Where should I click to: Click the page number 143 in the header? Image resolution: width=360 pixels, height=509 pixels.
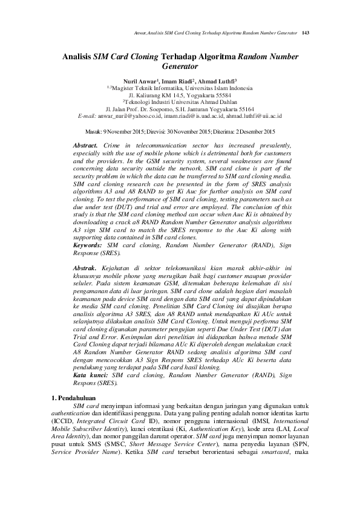point(306,32)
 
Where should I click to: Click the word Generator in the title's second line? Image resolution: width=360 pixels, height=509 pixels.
point(181,67)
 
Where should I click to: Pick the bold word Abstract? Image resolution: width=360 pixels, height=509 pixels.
point(85,146)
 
